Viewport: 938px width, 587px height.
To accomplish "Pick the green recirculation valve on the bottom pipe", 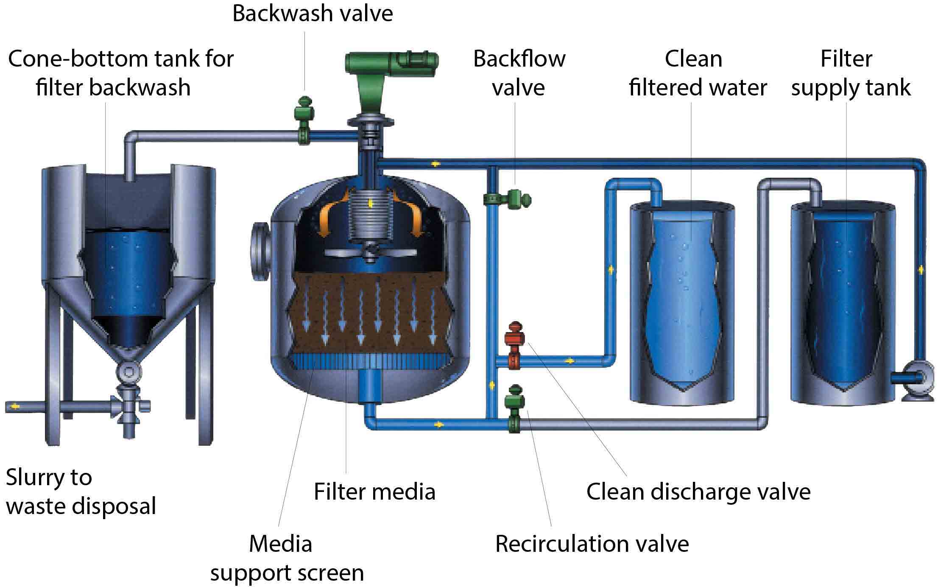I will click(x=514, y=407).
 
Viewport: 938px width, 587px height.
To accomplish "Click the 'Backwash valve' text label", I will click(x=313, y=14).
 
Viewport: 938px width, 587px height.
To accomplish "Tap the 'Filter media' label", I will click(x=374, y=492).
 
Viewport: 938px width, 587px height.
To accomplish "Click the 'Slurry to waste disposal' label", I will click(x=81, y=492).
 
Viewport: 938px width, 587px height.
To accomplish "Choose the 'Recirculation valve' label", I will click(x=592, y=544).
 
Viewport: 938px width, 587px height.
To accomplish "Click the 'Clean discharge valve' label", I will click(x=698, y=492).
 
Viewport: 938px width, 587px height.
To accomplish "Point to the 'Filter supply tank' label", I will click(x=850, y=73).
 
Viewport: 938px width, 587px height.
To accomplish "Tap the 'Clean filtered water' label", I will click(x=698, y=73).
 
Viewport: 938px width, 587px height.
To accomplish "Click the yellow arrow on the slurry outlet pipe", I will click(x=16, y=406).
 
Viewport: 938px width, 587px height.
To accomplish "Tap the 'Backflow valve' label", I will click(x=519, y=73).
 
